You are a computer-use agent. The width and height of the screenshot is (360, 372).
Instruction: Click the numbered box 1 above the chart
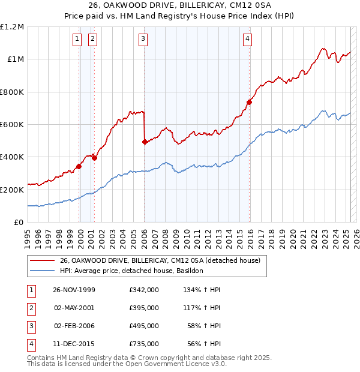(78, 40)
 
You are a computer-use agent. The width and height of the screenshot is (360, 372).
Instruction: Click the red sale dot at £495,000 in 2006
(145, 142)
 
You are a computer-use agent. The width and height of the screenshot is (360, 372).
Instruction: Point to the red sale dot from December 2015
(250, 102)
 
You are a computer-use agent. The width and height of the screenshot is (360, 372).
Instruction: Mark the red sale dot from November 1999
(79, 167)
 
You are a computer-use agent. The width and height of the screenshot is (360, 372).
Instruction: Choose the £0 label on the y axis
(19, 223)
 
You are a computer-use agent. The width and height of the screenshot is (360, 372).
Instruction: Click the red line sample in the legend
(41, 261)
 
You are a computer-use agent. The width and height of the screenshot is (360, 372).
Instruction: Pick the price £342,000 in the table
(144, 290)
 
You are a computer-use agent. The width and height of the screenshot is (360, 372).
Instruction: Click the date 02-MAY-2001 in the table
(74, 308)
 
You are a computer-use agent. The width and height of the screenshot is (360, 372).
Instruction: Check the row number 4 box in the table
(30, 344)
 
